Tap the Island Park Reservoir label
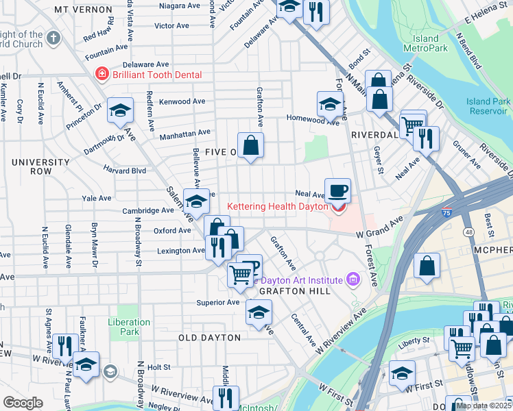click(x=488, y=106)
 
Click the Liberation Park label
click(x=129, y=327)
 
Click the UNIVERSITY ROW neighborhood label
click(x=40, y=166)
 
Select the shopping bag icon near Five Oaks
click(x=251, y=145)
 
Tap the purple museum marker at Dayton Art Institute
click(x=353, y=279)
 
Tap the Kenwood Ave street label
click(x=182, y=101)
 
